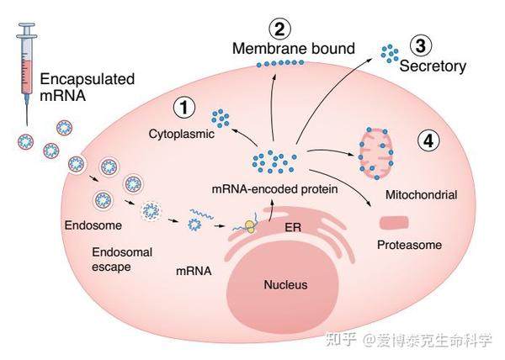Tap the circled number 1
click(x=183, y=108)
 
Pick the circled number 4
click(x=428, y=141)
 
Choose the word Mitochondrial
click(x=420, y=195)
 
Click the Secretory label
click(x=433, y=66)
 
